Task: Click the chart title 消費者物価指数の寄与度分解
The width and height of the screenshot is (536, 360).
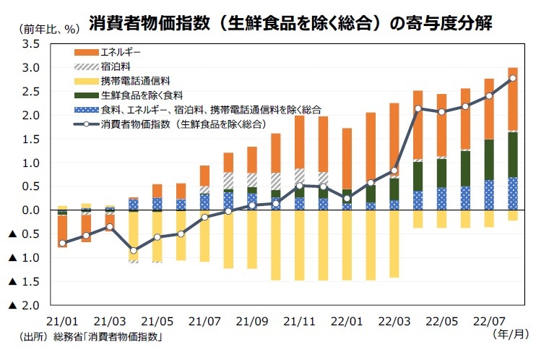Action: pos(290,23)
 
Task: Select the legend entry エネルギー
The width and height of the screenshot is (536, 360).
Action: pos(108,52)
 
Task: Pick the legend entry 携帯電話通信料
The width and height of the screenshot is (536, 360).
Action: pos(122,81)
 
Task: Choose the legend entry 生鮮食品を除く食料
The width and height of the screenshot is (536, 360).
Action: pos(129,95)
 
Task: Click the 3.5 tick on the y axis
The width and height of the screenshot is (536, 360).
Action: pos(31,44)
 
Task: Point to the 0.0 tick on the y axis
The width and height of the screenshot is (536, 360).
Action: pos(31,210)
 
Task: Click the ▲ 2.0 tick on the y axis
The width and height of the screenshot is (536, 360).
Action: pos(24,305)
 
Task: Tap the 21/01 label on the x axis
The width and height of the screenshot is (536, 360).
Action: pos(62,322)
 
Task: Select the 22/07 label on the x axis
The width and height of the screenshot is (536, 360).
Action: pos(489,322)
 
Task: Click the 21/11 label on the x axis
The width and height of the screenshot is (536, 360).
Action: pos(300,322)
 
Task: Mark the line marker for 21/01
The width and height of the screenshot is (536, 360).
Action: pos(62,244)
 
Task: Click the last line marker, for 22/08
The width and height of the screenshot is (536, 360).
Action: pos(513,78)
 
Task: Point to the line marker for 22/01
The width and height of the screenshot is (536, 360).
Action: pos(347,198)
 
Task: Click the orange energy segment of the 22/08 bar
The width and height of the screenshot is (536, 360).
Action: pos(513,99)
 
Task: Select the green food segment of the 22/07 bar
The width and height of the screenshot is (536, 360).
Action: pos(489,160)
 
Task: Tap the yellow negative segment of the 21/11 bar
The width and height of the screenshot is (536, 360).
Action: pos(300,245)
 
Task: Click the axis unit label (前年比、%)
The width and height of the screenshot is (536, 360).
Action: pos(50,30)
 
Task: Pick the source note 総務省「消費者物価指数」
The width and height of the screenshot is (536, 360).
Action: pos(108,337)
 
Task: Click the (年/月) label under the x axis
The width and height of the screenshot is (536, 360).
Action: pos(511,334)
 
